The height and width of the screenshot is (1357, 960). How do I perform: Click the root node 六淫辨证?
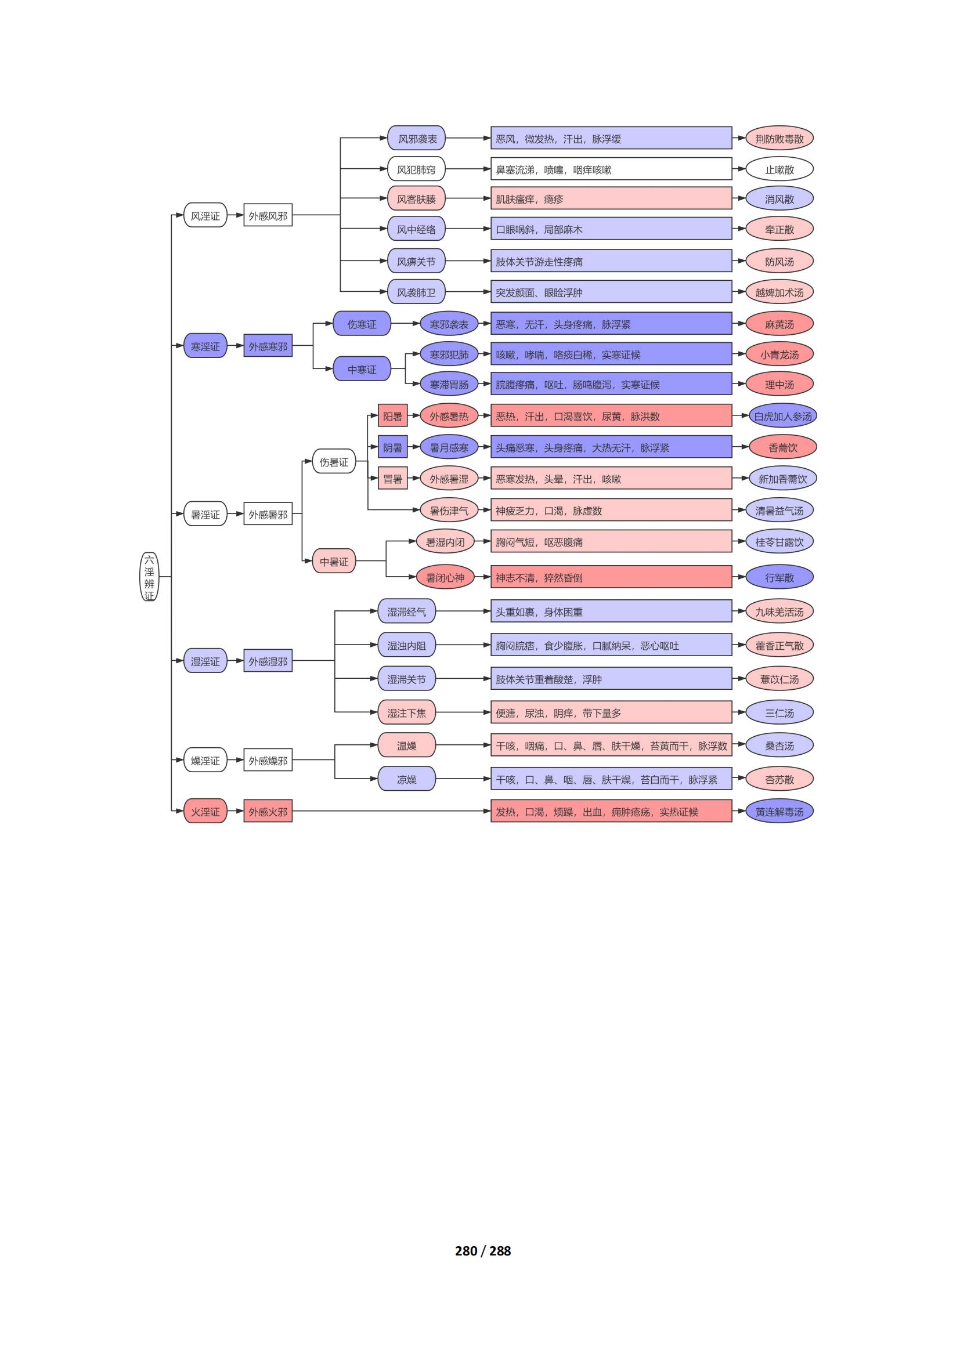[149, 577]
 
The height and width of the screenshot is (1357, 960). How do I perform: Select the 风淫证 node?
[205, 216]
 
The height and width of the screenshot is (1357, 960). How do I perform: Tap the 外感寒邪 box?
[268, 346]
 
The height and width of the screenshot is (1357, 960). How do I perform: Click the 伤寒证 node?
[362, 324]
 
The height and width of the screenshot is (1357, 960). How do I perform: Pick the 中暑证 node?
[334, 562]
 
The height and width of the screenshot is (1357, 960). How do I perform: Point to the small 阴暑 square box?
[392, 447]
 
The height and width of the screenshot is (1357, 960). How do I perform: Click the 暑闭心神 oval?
[445, 577]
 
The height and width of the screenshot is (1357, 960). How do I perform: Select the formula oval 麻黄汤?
[779, 324]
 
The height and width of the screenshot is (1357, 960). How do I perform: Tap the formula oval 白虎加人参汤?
[782, 416]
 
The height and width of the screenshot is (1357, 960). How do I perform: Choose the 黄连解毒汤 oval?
[779, 812]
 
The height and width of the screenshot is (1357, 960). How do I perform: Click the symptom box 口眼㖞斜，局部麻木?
[611, 229]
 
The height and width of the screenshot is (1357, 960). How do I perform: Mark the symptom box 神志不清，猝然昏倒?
[611, 577]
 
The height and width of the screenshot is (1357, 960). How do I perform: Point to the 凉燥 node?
[407, 779]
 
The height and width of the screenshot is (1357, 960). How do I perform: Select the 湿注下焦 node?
[407, 713]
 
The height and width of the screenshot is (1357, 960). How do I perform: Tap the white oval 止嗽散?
[779, 169]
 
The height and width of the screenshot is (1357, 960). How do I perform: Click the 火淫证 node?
[205, 812]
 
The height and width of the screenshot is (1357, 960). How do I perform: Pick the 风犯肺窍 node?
[416, 169]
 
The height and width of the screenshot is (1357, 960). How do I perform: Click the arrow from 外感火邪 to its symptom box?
[391, 811]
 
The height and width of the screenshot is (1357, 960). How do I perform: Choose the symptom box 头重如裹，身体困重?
[611, 611]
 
